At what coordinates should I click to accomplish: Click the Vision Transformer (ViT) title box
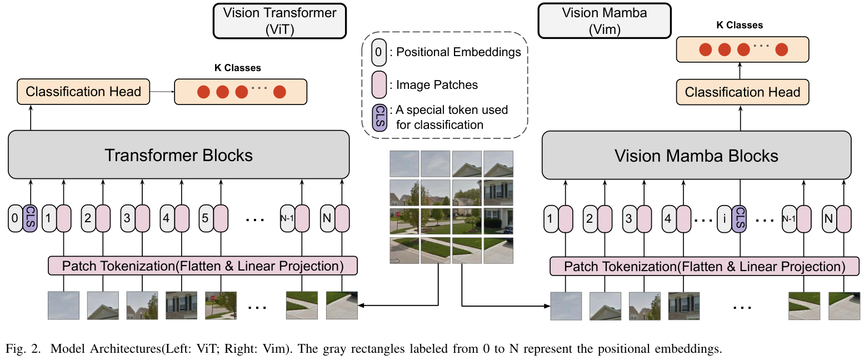(x=279, y=21)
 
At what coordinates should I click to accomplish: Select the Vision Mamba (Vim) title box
(x=604, y=21)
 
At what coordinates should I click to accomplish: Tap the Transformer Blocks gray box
(x=178, y=155)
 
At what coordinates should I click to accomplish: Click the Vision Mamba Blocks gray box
(x=696, y=156)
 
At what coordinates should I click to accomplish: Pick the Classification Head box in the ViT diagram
(x=83, y=92)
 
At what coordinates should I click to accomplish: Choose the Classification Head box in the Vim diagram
(x=742, y=92)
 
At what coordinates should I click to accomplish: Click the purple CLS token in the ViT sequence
(x=30, y=218)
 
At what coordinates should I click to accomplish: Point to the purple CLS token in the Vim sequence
(x=739, y=218)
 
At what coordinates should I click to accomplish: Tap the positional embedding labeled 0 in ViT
(x=15, y=218)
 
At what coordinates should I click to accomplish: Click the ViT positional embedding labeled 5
(x=205, y=218)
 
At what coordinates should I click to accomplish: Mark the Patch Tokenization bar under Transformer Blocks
(x=202, y=266)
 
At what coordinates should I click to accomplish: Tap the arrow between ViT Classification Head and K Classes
(x=162, y=92)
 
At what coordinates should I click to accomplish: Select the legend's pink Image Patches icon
(x=378, y=84)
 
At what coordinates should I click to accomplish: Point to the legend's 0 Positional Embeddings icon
(x=378, y=52)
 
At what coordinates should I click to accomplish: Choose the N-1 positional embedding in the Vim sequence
(x=788, y=218)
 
